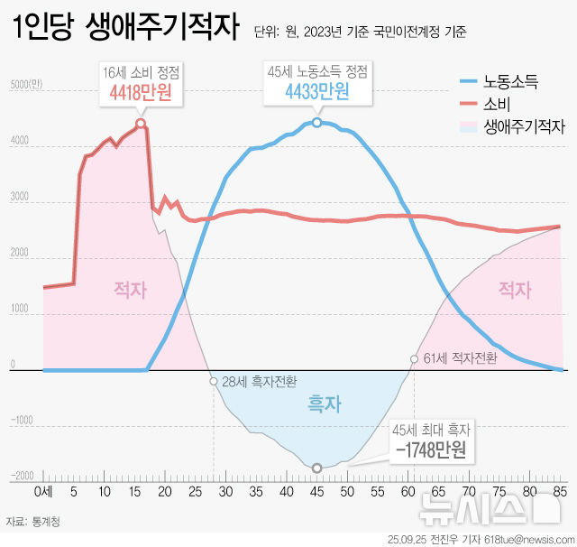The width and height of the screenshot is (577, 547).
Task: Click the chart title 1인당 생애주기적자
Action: [x=126, y=26]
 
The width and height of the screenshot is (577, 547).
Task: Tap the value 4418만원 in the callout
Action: [x=141, y=92]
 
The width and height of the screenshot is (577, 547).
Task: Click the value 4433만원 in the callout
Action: [x=317, y=91]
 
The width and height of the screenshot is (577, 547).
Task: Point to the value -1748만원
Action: [x=431, y=450]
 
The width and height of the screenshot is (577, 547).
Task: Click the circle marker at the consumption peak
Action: [x=141, y=123]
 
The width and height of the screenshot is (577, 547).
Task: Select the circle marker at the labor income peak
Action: [x=316, y=123]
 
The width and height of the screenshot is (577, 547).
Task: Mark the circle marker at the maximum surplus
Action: [x=316, y=468]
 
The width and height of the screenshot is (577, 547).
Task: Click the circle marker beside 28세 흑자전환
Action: [x=214, y=381]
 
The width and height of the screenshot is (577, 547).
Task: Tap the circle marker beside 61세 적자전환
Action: [x=415, y=358]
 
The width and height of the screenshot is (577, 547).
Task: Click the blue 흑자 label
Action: [x=325, y=403]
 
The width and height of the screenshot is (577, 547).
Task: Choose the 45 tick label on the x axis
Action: [x=316, y=492]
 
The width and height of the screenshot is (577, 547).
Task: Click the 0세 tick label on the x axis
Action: [x=43, y=492]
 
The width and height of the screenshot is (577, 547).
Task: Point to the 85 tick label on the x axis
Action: [x=560, y=492]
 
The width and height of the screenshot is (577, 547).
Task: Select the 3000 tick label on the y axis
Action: [x=20, y=197]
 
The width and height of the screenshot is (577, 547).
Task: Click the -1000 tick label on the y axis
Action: [x=22, y=421]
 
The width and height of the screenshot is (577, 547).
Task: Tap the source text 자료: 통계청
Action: [x=32, y=522]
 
